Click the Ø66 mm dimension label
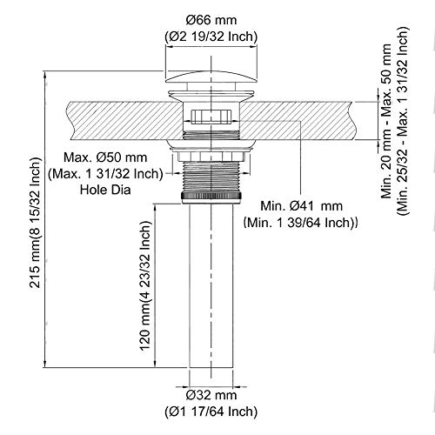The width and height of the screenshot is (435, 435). [211, 20]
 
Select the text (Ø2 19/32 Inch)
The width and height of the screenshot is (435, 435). [211, 37]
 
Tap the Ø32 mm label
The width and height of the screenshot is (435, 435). [211, 395]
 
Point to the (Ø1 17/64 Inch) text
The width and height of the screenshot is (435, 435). [211, 412]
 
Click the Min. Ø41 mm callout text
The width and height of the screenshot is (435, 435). [302, 206]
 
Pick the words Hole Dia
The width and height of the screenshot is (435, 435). [105, 190]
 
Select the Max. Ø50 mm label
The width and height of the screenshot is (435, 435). [105, 157]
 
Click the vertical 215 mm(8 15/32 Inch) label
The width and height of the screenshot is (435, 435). [35, 223]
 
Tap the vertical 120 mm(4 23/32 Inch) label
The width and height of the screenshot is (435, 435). [146, 285]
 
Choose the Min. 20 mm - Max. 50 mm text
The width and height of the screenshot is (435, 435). [386, 121]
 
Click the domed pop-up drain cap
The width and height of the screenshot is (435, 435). [211, 77]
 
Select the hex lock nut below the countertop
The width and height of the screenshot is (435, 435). [211, 156]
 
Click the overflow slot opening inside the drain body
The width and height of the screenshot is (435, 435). [211, 117]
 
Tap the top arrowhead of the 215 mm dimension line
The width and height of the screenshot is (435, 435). [44, 74]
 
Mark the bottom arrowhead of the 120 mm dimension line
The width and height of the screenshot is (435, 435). [156, 364]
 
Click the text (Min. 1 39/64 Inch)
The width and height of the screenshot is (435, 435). [300, 223]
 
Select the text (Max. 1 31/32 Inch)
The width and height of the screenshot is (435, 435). [105, 174]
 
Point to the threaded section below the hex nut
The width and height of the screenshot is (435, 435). [211, 177]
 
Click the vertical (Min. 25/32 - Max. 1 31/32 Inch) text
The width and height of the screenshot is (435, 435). [403, 121]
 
